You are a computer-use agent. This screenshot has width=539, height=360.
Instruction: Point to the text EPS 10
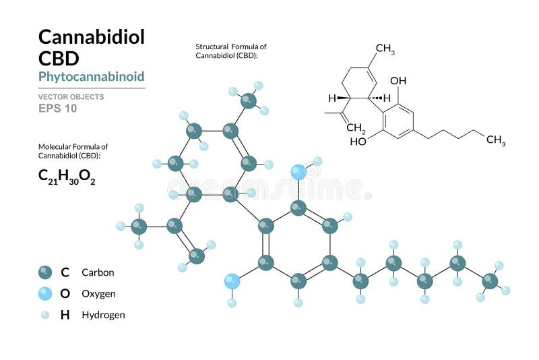pyautogui.click(x=57, y=108)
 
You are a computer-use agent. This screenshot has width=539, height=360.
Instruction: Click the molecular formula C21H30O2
pyautogui.click(x=67, y=177)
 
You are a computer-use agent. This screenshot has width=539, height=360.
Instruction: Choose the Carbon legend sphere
pyautogui.click(x=45, y=272)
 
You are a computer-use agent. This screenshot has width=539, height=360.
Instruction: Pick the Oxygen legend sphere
pyautogui.click(x=45, y=293)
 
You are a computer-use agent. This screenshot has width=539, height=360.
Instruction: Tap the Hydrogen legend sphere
pyautogui.click(x=45, y=314)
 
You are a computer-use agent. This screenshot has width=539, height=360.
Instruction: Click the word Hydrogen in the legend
pyautogui.click(x=103, y=315)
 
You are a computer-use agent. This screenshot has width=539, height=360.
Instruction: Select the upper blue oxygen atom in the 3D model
pyautogui.click(x=298, y=172)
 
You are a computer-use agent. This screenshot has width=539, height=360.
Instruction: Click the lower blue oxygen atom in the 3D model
pyautogui.click(x=232, y=280)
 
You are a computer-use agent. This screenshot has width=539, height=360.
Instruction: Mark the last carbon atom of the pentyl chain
pyautogui.click(x=490, y=280)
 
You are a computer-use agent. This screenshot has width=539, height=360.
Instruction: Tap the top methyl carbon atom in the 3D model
pyautogui.click(x=249, y=101)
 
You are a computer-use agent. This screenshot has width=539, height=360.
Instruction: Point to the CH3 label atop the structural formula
pyautogui.click(x=385, y=49)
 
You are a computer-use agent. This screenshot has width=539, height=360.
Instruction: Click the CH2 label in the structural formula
pyautogui.click(x=356, y=127)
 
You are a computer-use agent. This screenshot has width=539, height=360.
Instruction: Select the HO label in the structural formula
pyautogui.click(x=358, y=142)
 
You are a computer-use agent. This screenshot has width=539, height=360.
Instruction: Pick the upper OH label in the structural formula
pyautogui.click(x=398, y=81)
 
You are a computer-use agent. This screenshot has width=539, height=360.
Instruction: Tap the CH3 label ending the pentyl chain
pyautogui.click(x=496, y=140)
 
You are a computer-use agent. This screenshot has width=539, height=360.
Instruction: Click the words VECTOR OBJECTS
pyautogui.click(x=71, y=96)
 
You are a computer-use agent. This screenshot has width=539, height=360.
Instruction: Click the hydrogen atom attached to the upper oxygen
pyautogui.click(x=317, y=161)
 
